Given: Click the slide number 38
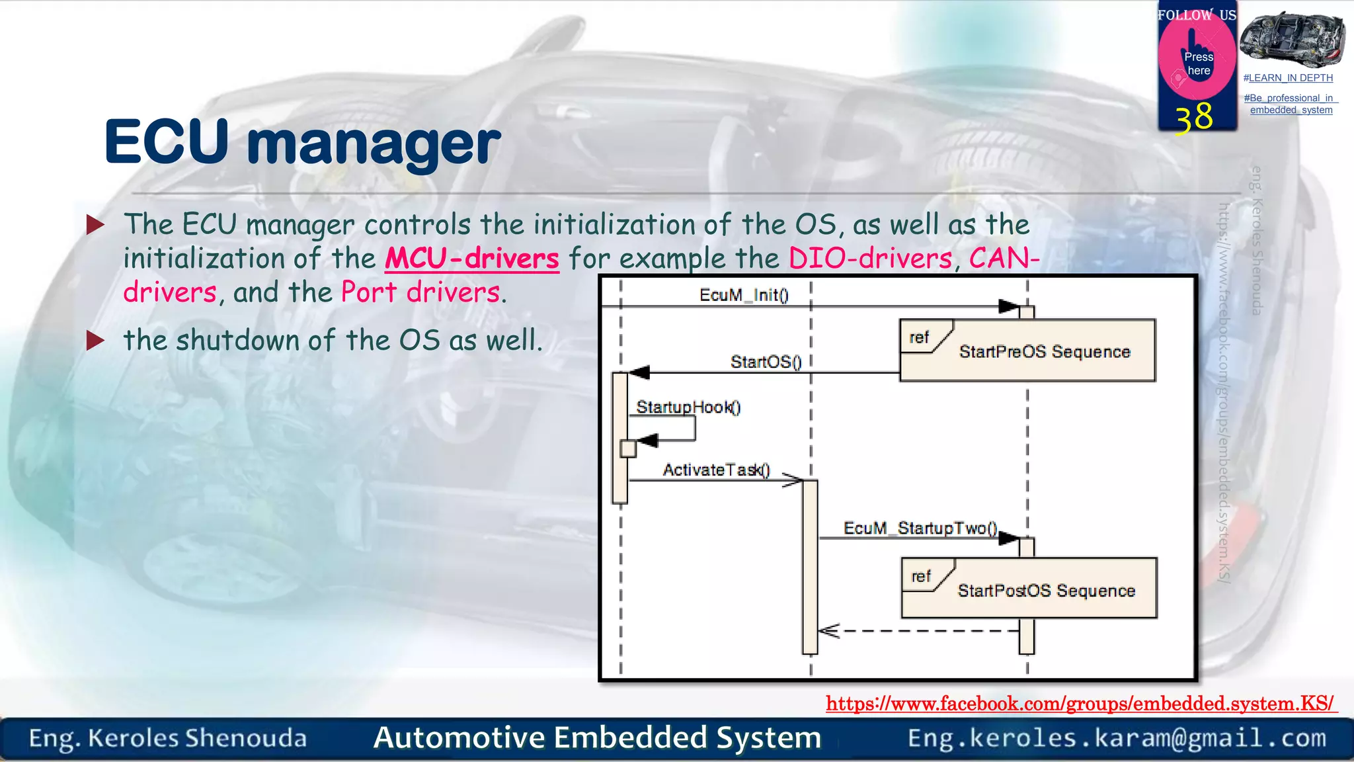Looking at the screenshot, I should (x=1194, y=118).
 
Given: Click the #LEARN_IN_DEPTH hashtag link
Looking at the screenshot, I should (x=1288, y=78).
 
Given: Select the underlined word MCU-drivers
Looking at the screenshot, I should (x=472, y=259).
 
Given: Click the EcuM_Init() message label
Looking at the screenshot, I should (x=744, y=295).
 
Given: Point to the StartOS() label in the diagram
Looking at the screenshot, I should (x=766, y=362).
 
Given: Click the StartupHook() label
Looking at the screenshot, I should (x=688, y=407).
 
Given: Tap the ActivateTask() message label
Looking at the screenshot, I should (x=716, y=470).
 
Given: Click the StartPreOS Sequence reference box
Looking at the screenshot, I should (x=1027, y=351).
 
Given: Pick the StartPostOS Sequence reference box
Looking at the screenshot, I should (x=1029, y=588).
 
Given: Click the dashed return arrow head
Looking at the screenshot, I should (x=828, y=631).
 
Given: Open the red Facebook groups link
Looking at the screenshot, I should (x=1080, y=703).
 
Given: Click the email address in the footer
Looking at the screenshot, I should (x=1117, y=738).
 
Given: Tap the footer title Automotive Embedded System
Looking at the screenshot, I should (x=597, y=738).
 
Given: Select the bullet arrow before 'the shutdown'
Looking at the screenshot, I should (x=96, y=341).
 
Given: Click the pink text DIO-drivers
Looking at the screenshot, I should (x=870, y=259).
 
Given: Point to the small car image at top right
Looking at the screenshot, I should (x=1292, y=39).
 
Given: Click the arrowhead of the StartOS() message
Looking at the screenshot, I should (x=639, y=373).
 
